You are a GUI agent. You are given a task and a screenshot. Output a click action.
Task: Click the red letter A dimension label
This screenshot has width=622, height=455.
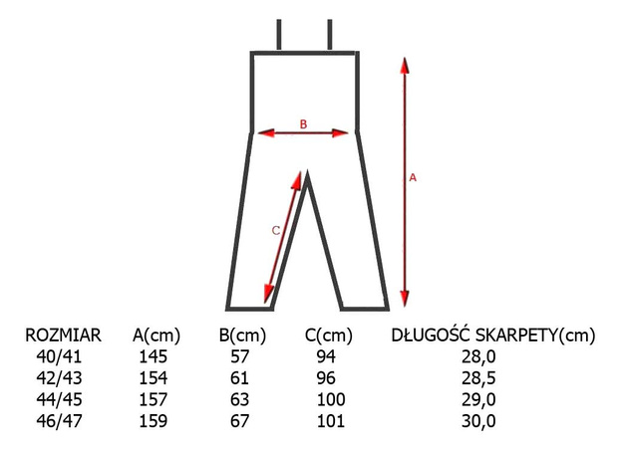(x=413, y=177)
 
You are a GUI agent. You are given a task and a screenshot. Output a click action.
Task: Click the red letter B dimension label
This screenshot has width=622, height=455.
(x=303, y=124)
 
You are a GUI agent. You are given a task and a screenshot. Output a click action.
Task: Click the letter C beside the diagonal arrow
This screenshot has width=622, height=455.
(x=276, y=230)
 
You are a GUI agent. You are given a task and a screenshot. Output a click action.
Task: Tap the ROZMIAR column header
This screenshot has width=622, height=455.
(x=63, y=336)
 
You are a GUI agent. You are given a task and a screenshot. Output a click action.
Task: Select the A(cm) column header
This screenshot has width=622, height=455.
(x=156, y=336)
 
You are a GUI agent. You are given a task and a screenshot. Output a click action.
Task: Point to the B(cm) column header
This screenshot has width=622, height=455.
(x=242, y=336)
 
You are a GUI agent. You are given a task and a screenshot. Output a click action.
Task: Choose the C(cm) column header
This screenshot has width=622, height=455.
(x=329, y=336)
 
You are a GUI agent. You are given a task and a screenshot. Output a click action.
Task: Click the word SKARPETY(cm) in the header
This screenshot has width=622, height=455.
(x=535, y=336)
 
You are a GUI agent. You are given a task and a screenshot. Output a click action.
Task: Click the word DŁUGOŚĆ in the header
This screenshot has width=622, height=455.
(x=431, y=335)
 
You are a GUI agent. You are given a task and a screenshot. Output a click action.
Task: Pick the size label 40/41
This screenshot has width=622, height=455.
(x=59, y=356)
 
